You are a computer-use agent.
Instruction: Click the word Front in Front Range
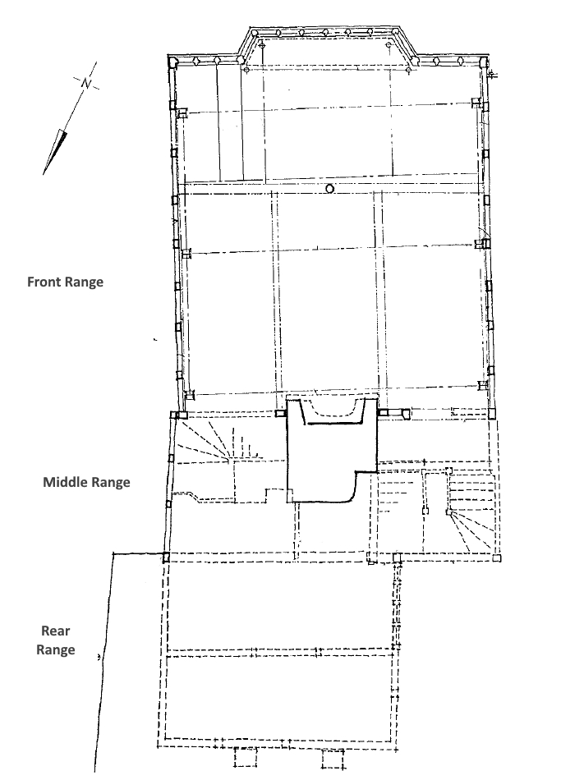(x=44, y=282)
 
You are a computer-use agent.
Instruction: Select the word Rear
(x=55, y=631)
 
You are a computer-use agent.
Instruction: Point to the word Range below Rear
(x=55, y=650)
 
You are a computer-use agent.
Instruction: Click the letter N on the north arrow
(x=86, y=83)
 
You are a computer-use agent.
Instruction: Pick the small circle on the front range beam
(x=329, y=188)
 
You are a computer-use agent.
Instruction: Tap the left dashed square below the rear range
(x=246, y=757)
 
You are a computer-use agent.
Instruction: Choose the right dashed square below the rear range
(x=333, y=759)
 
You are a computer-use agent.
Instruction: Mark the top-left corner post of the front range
(x=172, y=62)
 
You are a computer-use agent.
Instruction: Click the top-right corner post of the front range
(x=482, y=62)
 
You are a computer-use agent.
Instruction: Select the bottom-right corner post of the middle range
(x=496, y=558)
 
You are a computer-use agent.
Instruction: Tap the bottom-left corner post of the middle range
(x=166, y=557)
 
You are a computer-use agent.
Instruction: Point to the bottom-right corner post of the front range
(x=492, y=414)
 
